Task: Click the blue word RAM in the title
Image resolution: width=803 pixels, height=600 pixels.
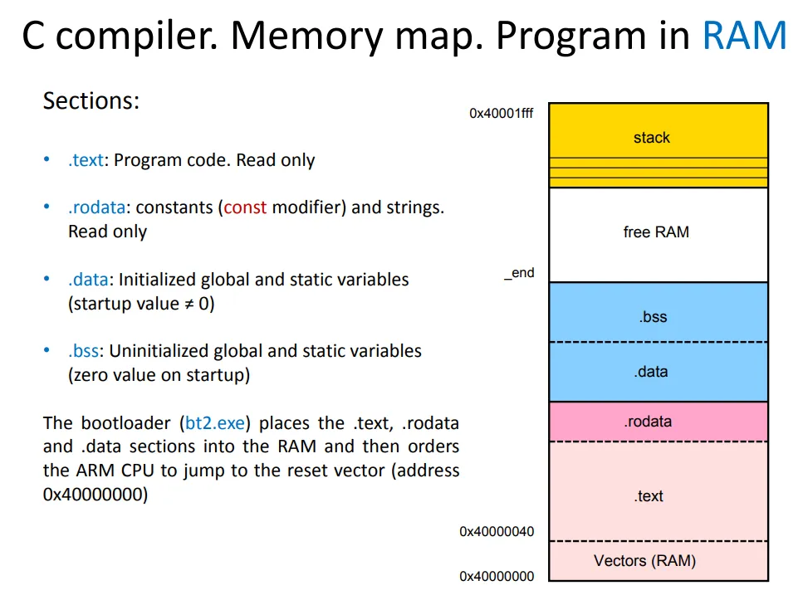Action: coord(743,35)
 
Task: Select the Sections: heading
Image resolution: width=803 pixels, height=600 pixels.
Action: coord(91,101)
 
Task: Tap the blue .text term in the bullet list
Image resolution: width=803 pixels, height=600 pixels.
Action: coord(86,160)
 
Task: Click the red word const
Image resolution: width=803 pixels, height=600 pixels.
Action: coord(245,207)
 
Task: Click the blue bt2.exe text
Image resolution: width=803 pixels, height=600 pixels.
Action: coord(215,423)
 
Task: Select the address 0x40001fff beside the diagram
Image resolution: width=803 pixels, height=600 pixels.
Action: coord(502,113)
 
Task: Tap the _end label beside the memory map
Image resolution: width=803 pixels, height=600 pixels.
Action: coord(520,273)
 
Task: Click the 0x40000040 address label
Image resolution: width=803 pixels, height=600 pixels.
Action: coord(497,532)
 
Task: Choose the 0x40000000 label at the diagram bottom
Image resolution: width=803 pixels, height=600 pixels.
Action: coord(497,576)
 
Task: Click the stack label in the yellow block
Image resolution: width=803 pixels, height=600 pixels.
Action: coord(651,138)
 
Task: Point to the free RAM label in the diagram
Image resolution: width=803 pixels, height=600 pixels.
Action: coord(656,232)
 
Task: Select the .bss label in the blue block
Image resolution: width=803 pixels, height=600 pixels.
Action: coord(653,317)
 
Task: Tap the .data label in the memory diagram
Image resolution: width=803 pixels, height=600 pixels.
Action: coord(651,372)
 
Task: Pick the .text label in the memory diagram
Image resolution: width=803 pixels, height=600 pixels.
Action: coord(649,496)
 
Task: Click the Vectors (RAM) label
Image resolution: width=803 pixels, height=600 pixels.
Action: coord(644,561)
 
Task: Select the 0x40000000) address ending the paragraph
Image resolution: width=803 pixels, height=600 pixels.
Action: coord(95,495)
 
